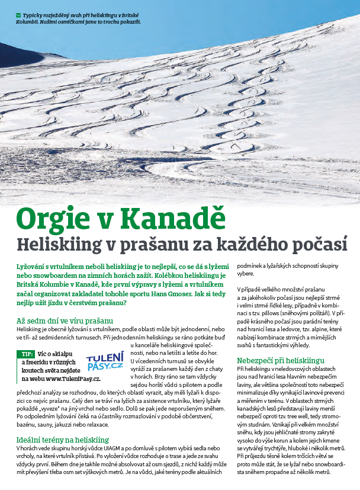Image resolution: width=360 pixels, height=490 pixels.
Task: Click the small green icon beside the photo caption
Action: pyautogui.click(x=19, y=14)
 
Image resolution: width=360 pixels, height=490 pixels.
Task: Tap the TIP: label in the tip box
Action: pyautogui.click(x=27, y=354)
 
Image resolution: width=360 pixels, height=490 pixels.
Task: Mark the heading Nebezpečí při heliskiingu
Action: pyautogui.click(x=280, y=360)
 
